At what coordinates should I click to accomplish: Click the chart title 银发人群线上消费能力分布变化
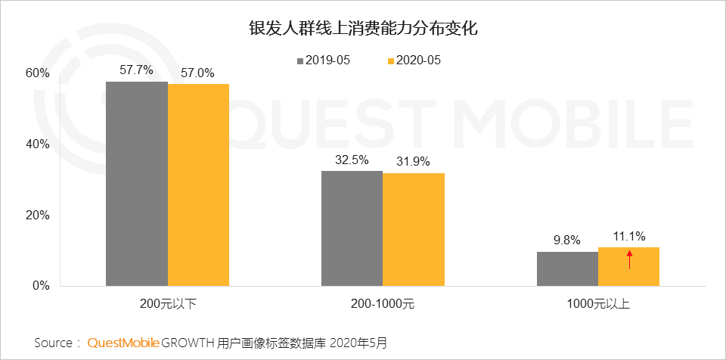pos(363,29)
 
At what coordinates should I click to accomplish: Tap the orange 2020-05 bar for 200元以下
pos(198,185)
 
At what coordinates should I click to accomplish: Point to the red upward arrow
pos(628,260)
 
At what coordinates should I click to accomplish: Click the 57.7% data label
pos(136,70)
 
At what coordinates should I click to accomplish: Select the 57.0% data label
pos(197,73)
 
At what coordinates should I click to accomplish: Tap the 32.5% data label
pos(352,160)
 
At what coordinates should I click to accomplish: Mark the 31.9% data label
pos(413,161)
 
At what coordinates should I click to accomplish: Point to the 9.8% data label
pos(566,241)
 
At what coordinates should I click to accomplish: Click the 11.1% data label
pos(628,237)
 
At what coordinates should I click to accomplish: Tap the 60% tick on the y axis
pos(37,73)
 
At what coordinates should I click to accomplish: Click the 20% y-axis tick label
pos(37,215)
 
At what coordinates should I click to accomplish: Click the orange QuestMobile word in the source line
pos(123,343)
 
